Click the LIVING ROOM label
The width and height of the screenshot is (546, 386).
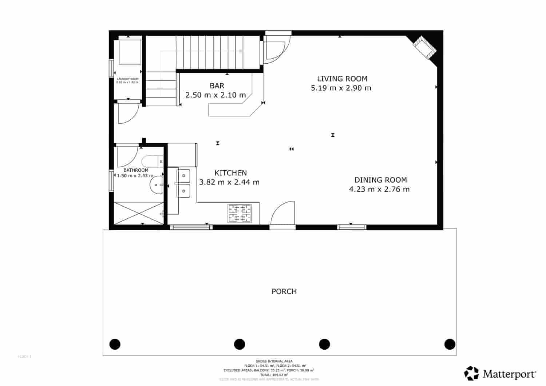pos(342,79)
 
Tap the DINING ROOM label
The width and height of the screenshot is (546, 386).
pos(380,180)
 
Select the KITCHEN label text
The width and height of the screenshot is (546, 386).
pos(230,173)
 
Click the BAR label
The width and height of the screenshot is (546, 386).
pos(217,86)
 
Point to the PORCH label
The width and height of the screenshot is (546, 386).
pos(284,291)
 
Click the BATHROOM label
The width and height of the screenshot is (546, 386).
pos(136,170)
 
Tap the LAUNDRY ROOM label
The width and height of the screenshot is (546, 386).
pos(127,79)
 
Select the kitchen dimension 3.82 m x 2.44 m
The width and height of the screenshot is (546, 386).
pos(229,182)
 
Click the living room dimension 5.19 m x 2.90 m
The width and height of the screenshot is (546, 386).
pos(341,88)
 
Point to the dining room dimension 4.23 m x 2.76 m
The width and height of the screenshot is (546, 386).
pos(379,189)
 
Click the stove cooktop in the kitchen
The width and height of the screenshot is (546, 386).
pos(240,213)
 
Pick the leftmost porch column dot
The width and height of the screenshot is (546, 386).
pos(115,344)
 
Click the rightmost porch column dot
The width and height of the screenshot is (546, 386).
pos(450,344)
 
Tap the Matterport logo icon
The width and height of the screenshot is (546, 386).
pos(471,373)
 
